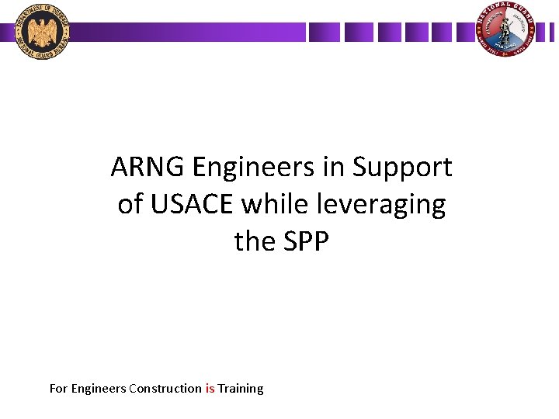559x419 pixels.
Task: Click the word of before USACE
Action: pos(130,204)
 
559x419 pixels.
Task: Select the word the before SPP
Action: pos(253,241)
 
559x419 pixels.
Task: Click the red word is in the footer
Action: pos(210,388)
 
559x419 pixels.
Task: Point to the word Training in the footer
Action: pos(241,389)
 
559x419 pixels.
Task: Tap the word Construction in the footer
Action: pos(165,388)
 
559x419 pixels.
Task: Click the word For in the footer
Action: pos(58,388)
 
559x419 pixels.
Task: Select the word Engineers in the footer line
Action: pos(99,389)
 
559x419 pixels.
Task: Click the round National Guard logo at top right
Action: pos(505,31)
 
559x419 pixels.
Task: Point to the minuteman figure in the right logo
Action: pos(506,31)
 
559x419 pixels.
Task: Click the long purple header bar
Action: pos(186,32)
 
